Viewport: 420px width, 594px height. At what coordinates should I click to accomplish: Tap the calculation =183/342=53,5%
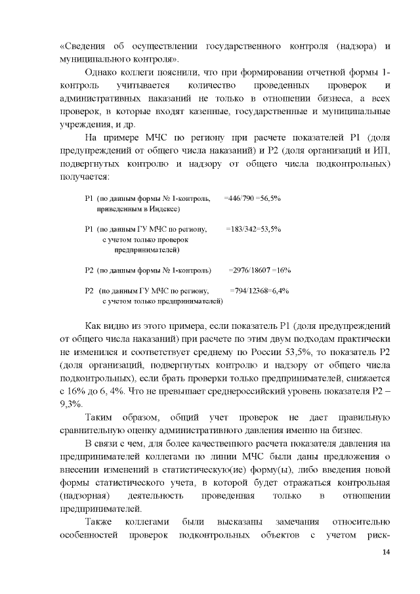254,229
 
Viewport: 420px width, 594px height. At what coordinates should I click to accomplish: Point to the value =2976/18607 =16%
260,270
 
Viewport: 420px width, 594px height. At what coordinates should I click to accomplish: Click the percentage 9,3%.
70,404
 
